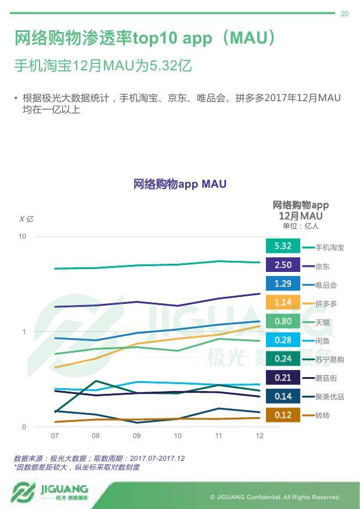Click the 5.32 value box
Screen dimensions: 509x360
tap(283, 246)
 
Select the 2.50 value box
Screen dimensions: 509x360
tap(283, 265)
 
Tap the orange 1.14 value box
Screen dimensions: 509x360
tap(283, 303)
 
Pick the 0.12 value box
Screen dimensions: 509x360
tap(283, 415)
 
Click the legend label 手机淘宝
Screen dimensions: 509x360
tap(329, 248)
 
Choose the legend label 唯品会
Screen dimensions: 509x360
tap(326, 285)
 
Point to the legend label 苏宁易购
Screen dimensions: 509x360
tap(329, 360)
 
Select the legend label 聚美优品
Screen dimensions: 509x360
tap(329, 397)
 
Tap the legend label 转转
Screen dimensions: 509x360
tap(322, 415)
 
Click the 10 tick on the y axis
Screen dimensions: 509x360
tap(22, 236)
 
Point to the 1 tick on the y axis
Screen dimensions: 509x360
tap(24, 332)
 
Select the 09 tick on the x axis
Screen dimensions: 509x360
tap(136, 436)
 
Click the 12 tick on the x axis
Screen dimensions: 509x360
tap(260, 436)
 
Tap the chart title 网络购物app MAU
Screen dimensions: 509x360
tap(180, 184)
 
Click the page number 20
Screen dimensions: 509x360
tap(344, 14)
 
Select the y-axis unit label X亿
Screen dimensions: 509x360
tap(26, 219)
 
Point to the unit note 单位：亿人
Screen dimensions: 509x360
tap(301, 226)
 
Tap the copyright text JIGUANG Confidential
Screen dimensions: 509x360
tap(275, 497)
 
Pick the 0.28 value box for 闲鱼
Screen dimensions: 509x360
tap(283, 340)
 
